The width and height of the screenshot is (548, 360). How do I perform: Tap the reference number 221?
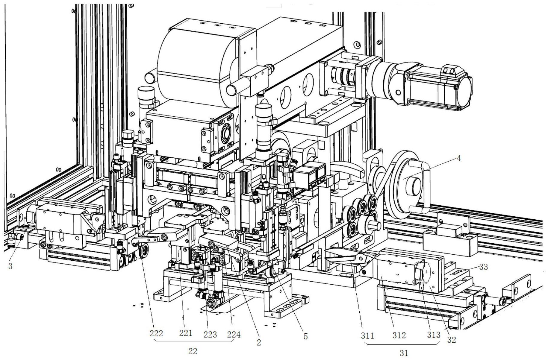pyautogui.click(x=186, y=333)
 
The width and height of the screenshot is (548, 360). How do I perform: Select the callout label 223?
pyautogui.click(x=210, y=334)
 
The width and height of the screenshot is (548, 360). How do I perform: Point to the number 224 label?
pyautogui.click(x=234, y=334)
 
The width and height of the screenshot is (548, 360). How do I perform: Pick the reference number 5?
pyautogui.click(x=305, y=336)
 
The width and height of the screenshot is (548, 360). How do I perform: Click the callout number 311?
pyautogui.click(x=367, y=336)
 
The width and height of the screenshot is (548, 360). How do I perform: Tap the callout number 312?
pyautogui.click(x=399, y=335)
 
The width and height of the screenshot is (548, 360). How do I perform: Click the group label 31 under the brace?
pyautogui.click(x=404, y=353)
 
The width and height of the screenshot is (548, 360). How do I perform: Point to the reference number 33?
pyautogui.click(x=483, y=267)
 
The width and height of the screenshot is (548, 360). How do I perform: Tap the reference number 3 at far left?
pyautogui.click(x=10, y=266)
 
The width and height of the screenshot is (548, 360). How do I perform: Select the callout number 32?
pyautogui.click(x=451, y=340)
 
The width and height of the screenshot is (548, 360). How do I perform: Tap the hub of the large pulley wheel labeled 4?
pyautogui.click(x=413, y=187)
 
